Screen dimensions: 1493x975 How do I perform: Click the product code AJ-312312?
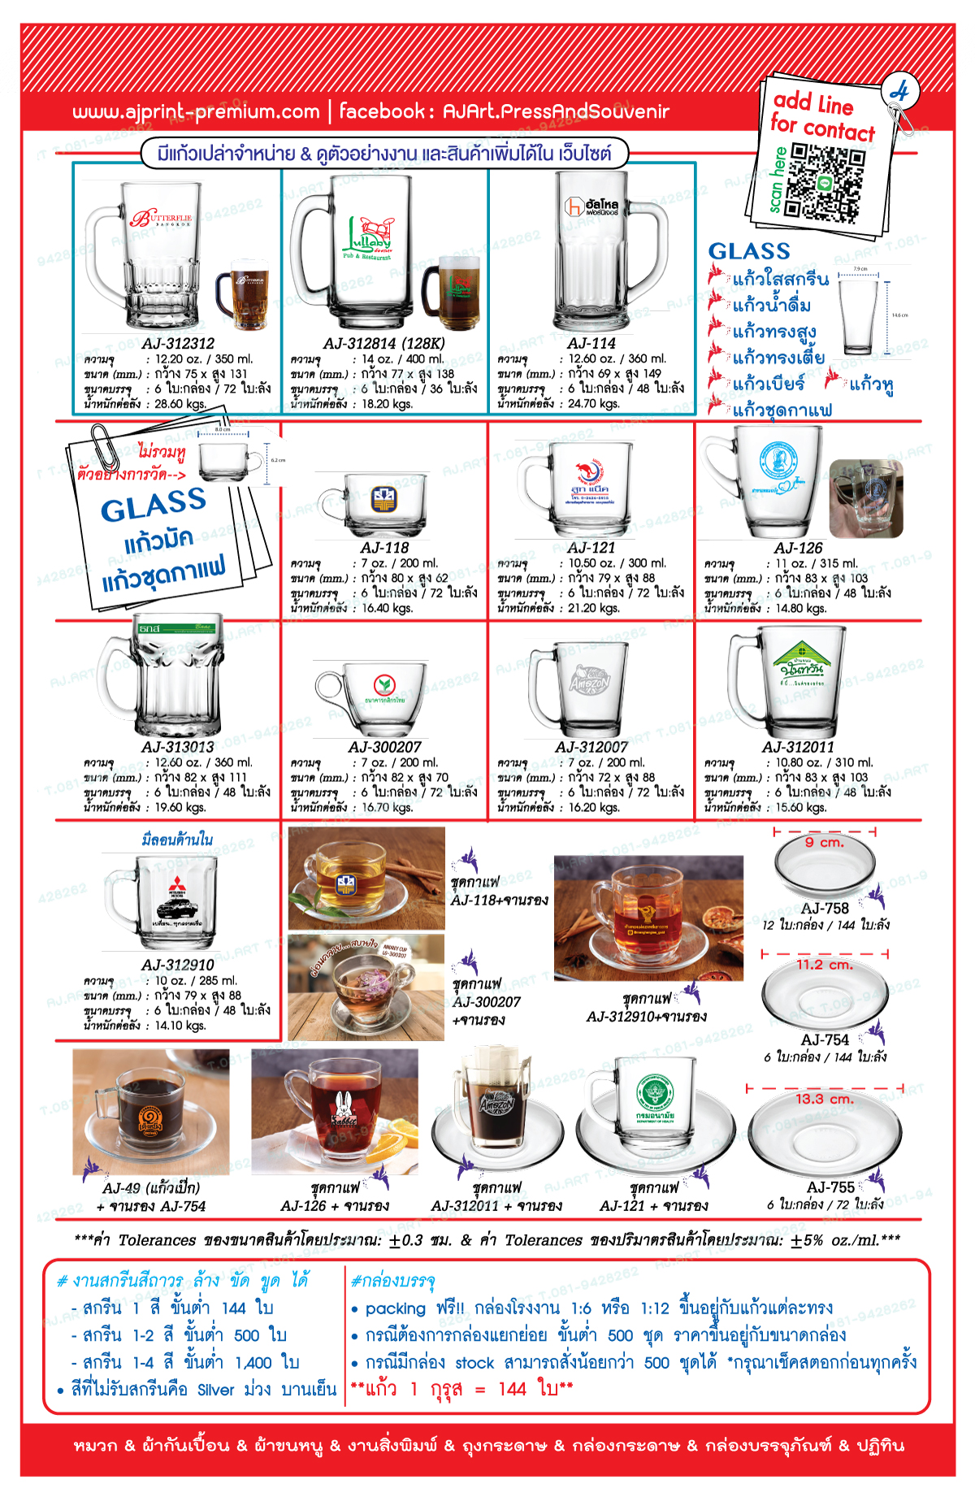click(x=178, y=344)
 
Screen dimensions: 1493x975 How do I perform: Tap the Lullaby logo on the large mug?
click(x=370, y=236)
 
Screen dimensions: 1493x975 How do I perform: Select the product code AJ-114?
click(x=591, y=344)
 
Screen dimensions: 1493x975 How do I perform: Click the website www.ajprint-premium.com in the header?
click(x=196, y=112)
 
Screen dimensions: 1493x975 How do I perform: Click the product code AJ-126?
click(x=798, y=549)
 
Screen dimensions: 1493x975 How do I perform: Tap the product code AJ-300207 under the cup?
click(x=385, y=747)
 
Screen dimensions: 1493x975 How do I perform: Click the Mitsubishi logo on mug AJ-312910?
click(x=176, y=887)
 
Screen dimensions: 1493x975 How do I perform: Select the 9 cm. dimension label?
click(x=824, y=843)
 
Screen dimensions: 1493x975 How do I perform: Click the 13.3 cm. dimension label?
click(x=824, y=1099)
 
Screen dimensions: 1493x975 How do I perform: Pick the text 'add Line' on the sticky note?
click(x=812, y=103)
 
